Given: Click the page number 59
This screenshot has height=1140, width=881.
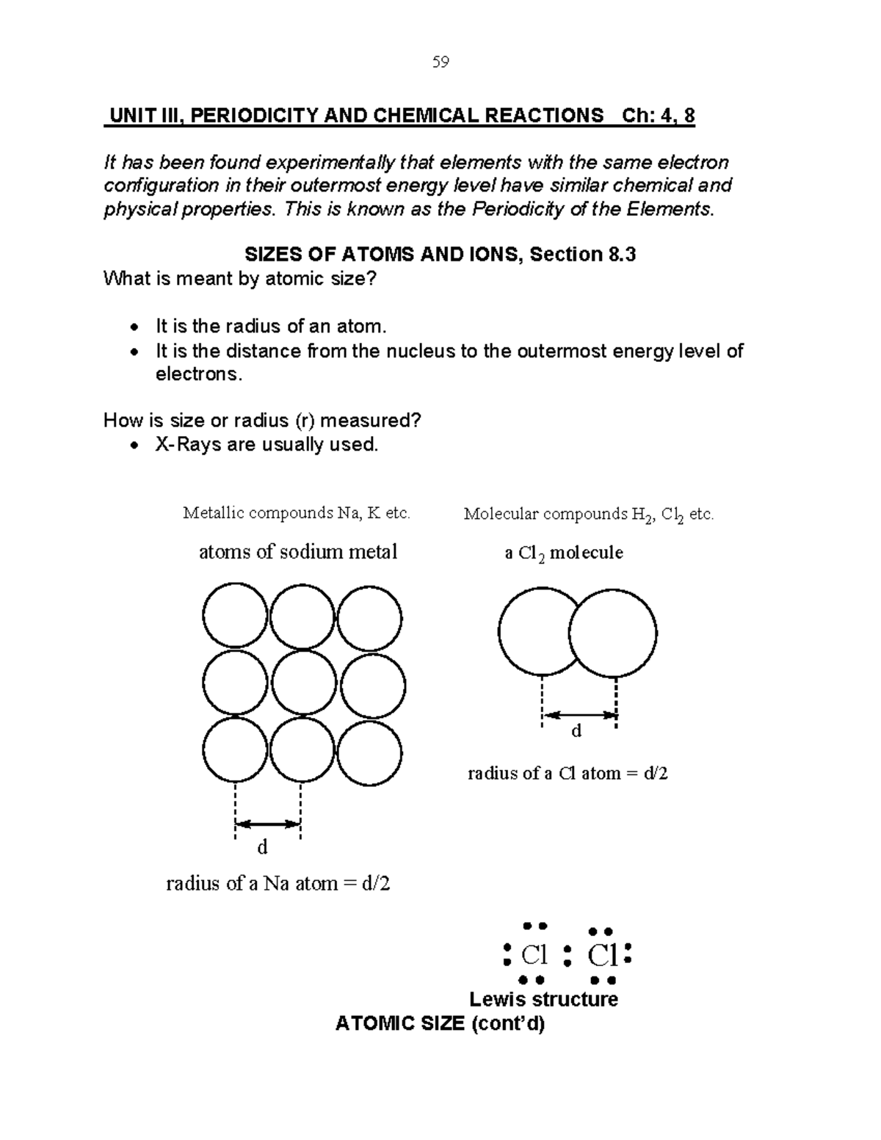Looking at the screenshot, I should click(x=440, y=62).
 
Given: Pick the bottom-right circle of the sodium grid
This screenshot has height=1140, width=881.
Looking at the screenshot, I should click(x=369, y=752).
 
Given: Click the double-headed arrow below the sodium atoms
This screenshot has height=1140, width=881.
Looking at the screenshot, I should click(x=268, y=824).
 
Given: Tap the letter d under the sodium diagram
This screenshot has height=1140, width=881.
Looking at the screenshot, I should click(x=262, y=848).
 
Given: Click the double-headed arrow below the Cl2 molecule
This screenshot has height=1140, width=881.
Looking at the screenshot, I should click(x=579, y=714).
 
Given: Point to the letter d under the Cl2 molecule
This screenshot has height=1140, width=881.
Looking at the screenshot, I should click(x=576, y=731).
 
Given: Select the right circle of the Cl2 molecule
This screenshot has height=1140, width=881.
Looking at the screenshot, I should click(x=613, y=633).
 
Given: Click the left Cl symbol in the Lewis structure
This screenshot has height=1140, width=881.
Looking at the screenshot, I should click(x=534, y=955).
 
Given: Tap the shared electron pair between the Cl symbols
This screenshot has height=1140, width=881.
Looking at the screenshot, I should click(x=567, y=955).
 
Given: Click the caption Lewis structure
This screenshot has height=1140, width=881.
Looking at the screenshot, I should click(x=543, y=999).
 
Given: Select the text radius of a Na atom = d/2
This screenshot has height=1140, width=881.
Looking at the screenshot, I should click(x=278, y=883).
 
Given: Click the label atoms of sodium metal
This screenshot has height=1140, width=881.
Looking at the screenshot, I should click(x=298, y=552).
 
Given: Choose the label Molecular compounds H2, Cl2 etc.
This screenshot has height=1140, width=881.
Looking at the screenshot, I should click(x=588, y=515).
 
